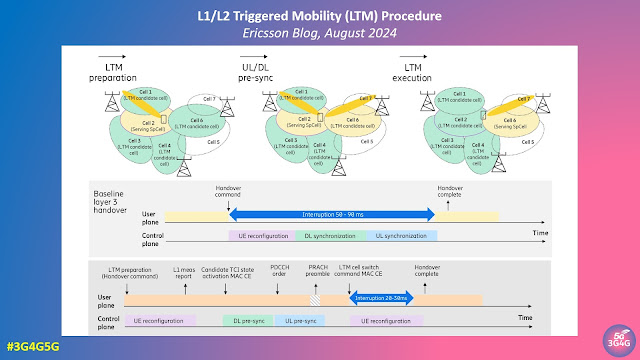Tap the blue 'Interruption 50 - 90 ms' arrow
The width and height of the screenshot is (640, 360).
(x=332, y=214)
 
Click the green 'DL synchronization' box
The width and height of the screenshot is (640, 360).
(x=321, y=236)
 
